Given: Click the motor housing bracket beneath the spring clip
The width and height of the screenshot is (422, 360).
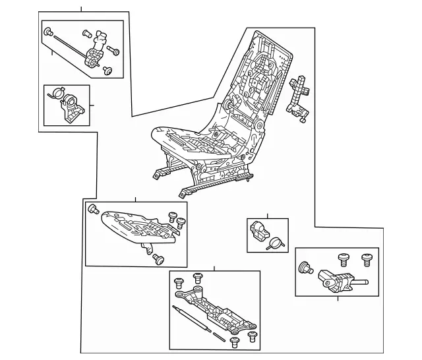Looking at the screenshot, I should point(71,111).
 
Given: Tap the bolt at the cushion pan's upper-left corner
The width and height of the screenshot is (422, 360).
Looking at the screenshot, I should point(92,210).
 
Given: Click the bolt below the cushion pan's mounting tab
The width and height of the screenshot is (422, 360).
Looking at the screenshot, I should point(158,260).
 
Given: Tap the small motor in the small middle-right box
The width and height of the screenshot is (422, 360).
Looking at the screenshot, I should point(258,231).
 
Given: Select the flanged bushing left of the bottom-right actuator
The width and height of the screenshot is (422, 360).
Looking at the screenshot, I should point(305,268).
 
